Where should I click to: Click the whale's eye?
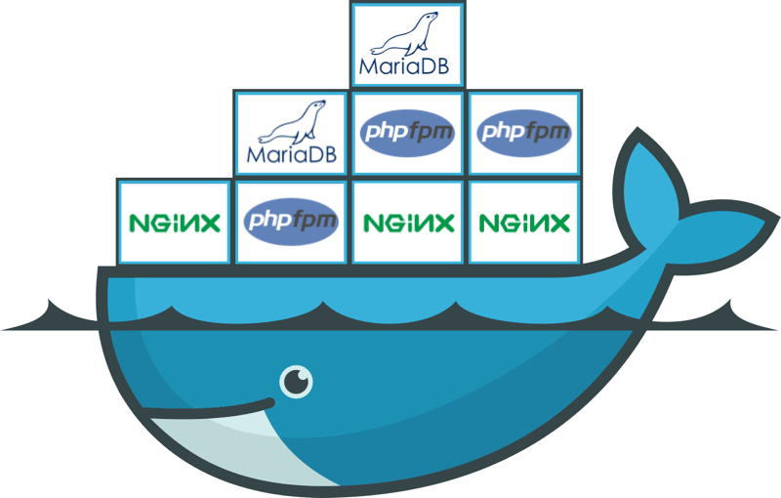point(297,382)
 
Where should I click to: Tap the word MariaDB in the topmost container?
point(404,66)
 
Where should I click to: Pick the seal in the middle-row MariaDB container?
point(292,122)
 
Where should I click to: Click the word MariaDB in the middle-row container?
point(292,155)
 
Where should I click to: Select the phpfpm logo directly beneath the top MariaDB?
point(407,133)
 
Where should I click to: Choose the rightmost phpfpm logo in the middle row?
point(524,133)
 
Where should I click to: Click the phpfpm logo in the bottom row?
point(291,221)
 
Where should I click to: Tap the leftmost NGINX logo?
point(175,224)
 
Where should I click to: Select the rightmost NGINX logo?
point(524,224)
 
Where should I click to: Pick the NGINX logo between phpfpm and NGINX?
point(409,224)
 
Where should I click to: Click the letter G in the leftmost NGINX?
point(158,224)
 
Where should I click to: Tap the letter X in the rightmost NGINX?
point(557,224)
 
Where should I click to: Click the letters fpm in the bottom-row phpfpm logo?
point(313,221)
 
